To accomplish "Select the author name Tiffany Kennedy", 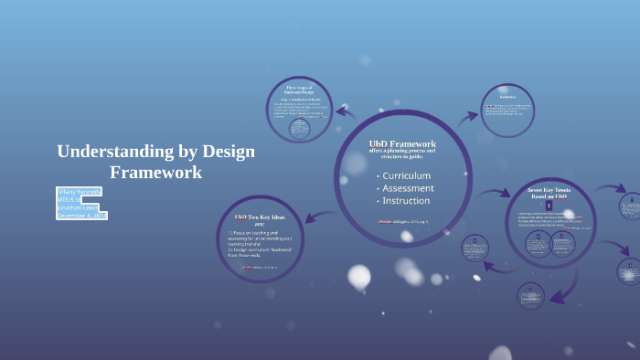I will coord(80,191).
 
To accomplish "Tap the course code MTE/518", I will coord(69,199).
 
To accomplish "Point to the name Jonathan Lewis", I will coord(78,207).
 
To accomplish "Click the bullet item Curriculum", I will coord(406,175).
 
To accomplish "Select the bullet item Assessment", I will coord(408,188).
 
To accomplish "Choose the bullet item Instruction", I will coord(406,201).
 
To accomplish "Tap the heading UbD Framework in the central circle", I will coord(402,144).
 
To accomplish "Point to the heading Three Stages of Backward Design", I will coord(300,89).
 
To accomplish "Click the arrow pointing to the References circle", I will coord(467,117).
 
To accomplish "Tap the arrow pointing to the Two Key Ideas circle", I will coord(314,217).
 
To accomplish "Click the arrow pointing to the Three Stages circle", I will coord(345,112).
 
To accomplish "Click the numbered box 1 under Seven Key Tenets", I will coord(549,206).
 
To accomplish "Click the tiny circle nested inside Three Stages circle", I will coord(300,129).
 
